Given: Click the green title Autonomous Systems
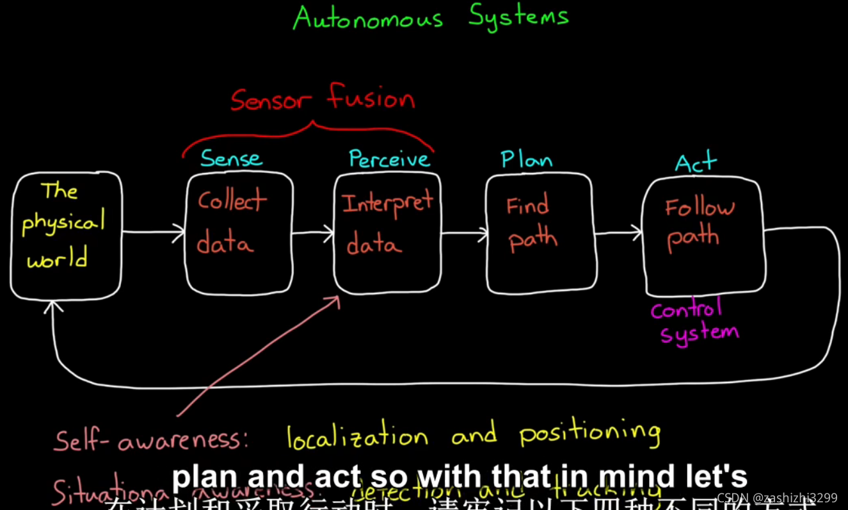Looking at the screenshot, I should click(x=430, y=17).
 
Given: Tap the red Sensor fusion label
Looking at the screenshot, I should click(x=323, y=100).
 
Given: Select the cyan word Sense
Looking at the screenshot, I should click(x=231, y=158).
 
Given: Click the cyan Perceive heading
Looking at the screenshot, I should click(x=389, y=159).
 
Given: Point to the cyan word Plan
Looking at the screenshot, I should click(x=526, y=160).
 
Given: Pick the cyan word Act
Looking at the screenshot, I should click(x=696, y=163).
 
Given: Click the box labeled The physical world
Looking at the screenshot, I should click(x=66, y=235).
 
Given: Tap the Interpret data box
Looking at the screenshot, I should click(x=387, y=233).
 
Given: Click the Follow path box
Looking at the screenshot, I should click(x=702, y=236).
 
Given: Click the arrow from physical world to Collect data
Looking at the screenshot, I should click(x=154, y=233).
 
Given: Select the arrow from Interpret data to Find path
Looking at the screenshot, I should click(x=463, y=233).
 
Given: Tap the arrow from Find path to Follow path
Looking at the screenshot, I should click(x=618, y=233).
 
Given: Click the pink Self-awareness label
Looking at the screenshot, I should click(x=151, y=440).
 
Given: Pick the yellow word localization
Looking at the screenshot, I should click(x=357, y=438).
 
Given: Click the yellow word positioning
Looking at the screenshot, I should click(x=589, y=434).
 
